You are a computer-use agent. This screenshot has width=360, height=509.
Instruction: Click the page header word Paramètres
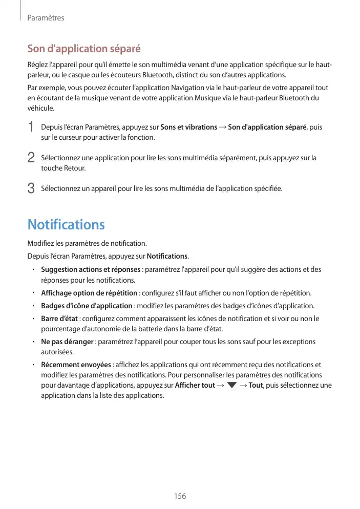point(46,18)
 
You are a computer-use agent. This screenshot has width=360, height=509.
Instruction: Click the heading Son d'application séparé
point(83,49)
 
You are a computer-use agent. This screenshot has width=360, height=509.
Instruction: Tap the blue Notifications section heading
point(66,224)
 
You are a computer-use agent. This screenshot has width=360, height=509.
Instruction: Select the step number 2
point(31,158)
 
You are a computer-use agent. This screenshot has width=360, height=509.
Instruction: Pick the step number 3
point(31,189)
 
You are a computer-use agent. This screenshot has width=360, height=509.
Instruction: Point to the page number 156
point(180,496)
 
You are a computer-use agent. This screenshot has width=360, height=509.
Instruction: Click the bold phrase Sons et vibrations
point(188,127)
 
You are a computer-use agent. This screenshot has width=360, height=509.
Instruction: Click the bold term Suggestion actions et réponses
point(90,269)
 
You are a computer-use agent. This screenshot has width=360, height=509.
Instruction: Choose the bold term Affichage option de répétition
point(89,293)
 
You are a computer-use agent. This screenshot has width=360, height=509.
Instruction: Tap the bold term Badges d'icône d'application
point(87,306)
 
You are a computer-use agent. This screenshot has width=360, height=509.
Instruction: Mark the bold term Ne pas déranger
point(67,342)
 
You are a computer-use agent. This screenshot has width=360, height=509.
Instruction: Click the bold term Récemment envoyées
point(76,365)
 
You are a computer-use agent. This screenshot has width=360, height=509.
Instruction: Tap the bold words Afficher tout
point(195,385)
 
